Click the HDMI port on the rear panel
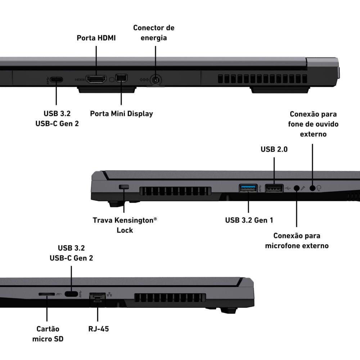tap(96, 79)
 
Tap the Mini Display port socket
tap(121, 78)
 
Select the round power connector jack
tap(156, 80)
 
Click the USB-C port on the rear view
tap(56, 80)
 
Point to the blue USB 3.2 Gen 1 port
tap(248, 188)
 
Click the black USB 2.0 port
tap(274, 188)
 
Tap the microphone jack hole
tap(297, 188)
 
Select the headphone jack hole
tap(312, 188)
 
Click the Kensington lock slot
tap(124, 187)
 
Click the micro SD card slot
tap(47, 294)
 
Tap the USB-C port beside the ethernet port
tap(71, 294)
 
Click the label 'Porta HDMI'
tap(96, 38)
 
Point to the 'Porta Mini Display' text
tap(121, 114)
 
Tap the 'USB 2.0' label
tap(274, 149)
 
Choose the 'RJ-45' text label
tap(98, 329)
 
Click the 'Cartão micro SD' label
tap(48, 334)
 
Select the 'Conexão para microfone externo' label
tap(297, 241)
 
